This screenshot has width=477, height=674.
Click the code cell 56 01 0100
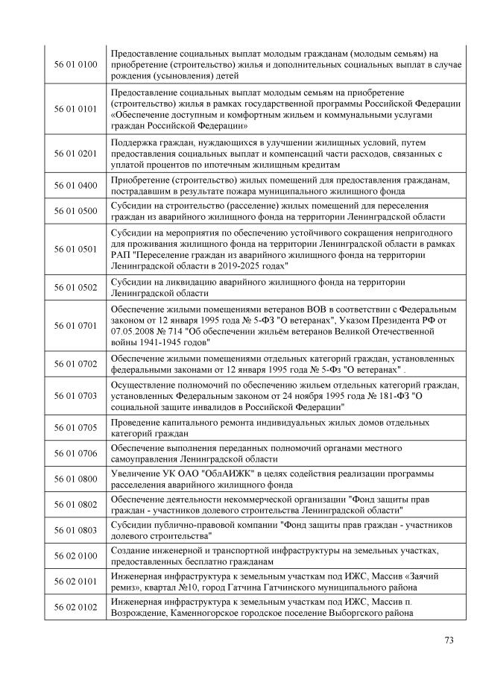click(x=76, y=64)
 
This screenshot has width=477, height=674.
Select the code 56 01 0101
click(x=76, y=108)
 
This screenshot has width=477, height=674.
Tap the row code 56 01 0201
click(x=76, y=153)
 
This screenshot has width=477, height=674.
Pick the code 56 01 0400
click(x=76, y=185)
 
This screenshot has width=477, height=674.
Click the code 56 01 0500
click(x=76, y=211)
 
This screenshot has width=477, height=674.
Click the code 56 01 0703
click(x=76, y=395)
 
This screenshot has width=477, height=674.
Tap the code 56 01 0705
click(x=76, y=427)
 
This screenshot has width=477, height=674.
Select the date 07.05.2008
click(x=134, y=330)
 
